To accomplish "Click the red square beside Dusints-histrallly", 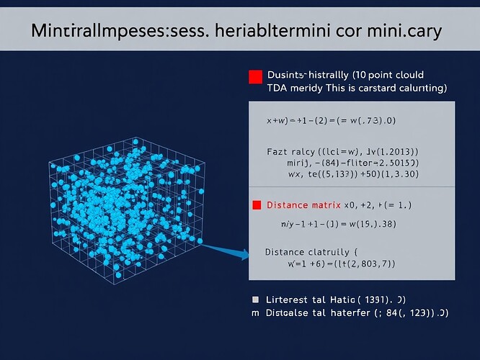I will coord(254,77).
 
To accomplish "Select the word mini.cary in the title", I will coord(403,32).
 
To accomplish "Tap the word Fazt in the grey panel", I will coord(278,152).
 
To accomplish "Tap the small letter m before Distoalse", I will coord(254,313).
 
